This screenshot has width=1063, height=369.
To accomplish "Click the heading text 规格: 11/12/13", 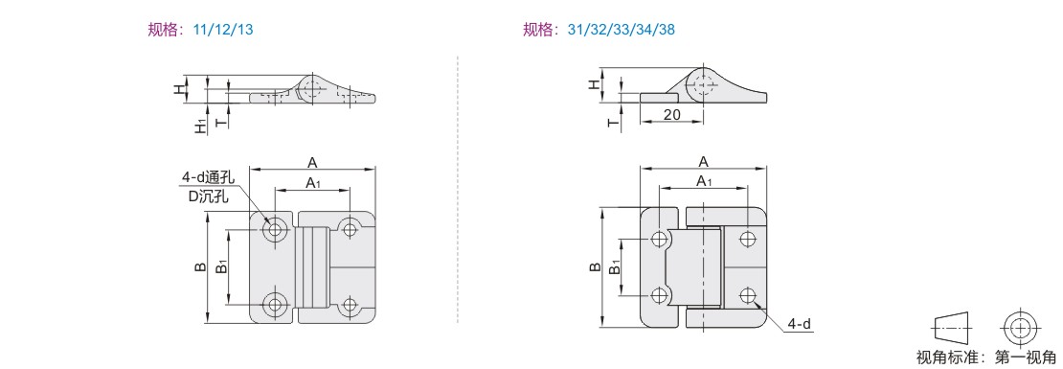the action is click(x=201, y=30).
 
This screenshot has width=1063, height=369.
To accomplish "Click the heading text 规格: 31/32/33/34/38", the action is click(x=599, y=30).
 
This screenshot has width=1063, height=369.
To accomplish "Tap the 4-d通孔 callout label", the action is click(x=208, y=177).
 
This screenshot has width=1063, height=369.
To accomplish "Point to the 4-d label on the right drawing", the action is click(x=800, y=325).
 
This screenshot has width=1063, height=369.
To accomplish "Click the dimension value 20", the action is click(x=672, y=115).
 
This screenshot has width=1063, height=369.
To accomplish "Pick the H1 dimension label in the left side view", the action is click(x=201, y=126).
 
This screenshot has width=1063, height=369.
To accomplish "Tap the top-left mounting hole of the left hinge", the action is click(x=275, y=229).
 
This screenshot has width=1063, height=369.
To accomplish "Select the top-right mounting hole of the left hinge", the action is click(x=350, y=229).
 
